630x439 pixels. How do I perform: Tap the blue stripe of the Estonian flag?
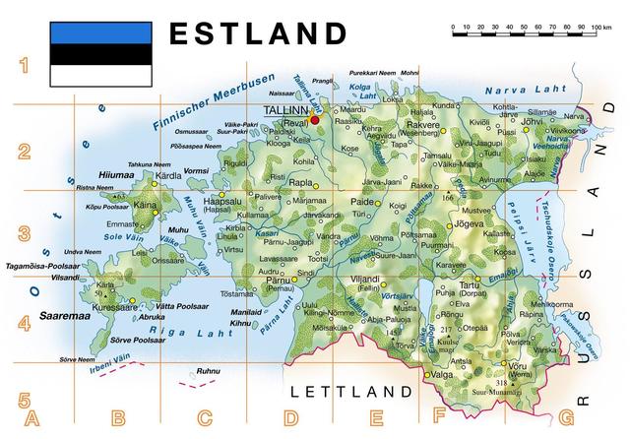click(101, 32)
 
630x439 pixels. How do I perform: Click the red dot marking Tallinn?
click(315, 119)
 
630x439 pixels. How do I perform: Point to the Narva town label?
click(574, 116)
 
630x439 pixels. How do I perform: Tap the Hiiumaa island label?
click(116, 175)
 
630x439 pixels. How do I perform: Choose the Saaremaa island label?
click(64, 317)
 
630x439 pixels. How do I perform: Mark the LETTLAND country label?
click(350, 392)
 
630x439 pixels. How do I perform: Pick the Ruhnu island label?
click(209, 371)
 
